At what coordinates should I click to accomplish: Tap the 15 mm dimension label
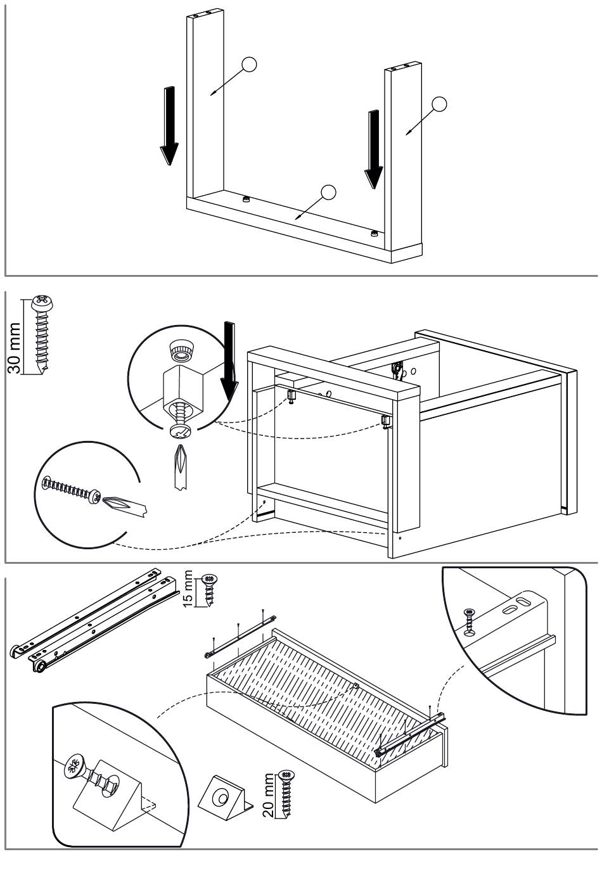click(188, 589)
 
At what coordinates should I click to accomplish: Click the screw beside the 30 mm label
click(42, 333)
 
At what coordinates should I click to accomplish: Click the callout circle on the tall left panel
click(250, 65)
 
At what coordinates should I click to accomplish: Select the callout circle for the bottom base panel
click(328, 192)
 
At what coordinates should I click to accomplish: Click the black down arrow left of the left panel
click(169, 125)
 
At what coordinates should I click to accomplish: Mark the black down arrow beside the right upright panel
click(374, 148)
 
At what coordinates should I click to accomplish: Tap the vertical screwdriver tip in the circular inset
click(182, 466)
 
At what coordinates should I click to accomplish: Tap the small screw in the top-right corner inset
click(469, 621)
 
